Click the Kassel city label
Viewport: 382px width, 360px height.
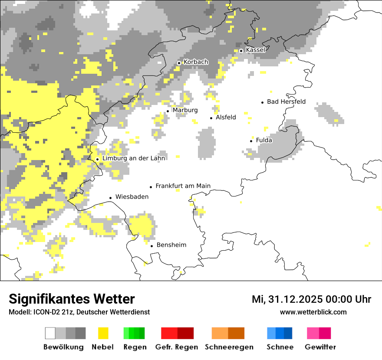255,50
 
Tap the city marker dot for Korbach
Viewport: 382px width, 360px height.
179,63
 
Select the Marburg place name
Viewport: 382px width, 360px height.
185,110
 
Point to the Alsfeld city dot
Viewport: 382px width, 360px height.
211,118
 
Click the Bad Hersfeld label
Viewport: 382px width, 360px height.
286,102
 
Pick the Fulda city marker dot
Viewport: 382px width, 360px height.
251,141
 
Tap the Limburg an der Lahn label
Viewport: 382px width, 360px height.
133,158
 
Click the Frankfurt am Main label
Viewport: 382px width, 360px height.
183,186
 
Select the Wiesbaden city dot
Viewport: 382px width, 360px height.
110,198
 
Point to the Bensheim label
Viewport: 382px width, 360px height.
171,245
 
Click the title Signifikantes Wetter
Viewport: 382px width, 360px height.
72,299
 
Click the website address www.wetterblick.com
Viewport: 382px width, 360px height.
313,312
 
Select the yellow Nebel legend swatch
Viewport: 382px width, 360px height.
103,333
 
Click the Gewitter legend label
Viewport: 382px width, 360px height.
320,347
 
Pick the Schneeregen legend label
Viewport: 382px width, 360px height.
229,347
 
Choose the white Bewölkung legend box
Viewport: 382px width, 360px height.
50,333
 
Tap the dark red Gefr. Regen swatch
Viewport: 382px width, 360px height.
185,333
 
